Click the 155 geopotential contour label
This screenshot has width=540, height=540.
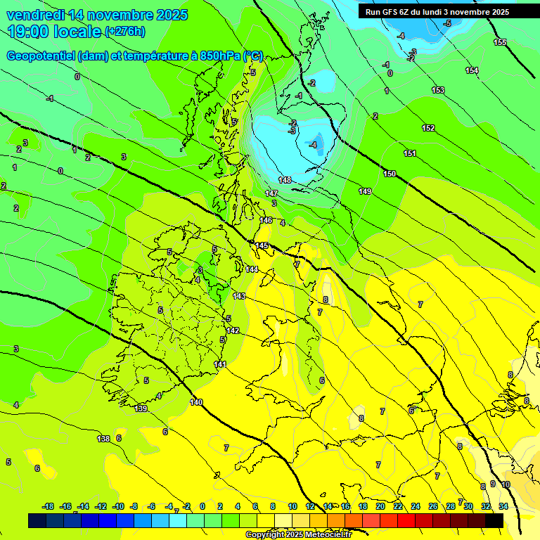point(499,43)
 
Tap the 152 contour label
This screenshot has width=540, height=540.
point(428,128)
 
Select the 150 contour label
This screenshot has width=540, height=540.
point(390,174)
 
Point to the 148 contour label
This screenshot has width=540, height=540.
point(285,181)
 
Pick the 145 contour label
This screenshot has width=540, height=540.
point(262,245)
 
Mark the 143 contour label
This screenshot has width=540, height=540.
point(239,296)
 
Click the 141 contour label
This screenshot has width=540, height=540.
point(220,364)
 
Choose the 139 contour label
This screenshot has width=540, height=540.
point(141,409)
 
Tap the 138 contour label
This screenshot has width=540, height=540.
point(103,439)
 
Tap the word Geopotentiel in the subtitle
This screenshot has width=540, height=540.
point(41,56)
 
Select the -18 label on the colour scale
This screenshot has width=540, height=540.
point(48,506)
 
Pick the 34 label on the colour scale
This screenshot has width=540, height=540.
point(503,506)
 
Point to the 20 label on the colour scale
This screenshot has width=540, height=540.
point(380,506)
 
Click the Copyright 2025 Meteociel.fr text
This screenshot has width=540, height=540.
point(297,534)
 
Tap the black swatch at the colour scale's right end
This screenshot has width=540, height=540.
point(494,520)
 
